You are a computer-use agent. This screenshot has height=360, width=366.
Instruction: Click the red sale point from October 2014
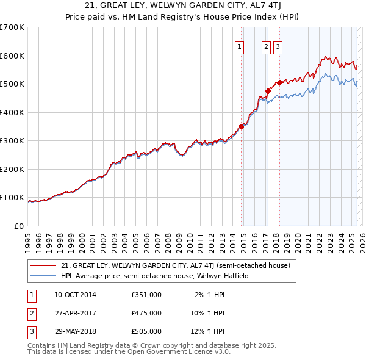click(242, 126)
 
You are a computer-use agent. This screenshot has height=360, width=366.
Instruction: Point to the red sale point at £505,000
click(280, 83)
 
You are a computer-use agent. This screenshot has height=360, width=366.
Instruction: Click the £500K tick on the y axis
click(12, 84)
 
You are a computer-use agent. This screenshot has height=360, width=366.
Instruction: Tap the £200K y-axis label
click(12, 169)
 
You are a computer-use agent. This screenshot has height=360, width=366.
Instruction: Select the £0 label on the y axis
click(20, 226)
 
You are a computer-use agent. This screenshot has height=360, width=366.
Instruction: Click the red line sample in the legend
click(43, 266)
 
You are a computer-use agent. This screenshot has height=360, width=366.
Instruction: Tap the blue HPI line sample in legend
click(43, 276)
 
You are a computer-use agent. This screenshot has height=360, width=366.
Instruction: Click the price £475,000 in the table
click(146, 313)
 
